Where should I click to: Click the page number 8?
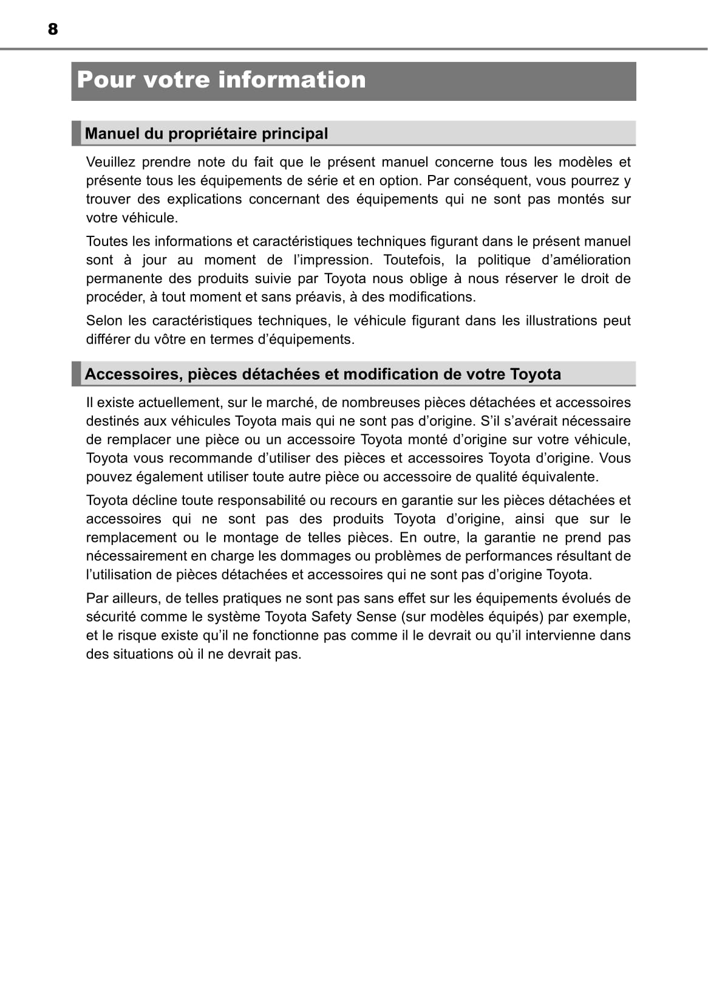coord(53,29)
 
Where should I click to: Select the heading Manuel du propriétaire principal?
coord(206,134)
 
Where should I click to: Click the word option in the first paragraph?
coord(401,180)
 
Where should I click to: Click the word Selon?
coord(103,321)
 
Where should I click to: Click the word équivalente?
coord(559,477)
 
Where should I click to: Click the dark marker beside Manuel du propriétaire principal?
coord(76,134)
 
